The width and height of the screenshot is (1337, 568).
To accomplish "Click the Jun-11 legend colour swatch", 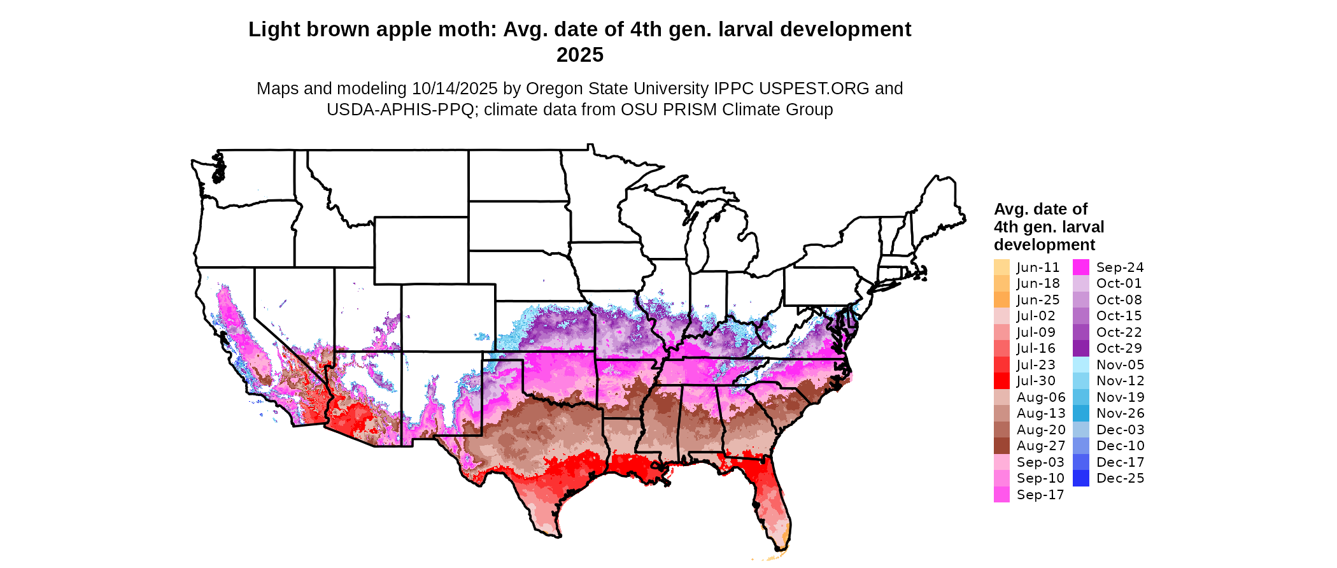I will click(x=1001, y=267).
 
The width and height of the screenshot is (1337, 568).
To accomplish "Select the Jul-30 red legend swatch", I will click(x=1001, y=381).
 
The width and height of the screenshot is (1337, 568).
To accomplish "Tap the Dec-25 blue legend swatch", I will click(x=1080, y=478).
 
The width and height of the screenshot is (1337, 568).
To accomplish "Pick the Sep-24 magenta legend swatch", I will click(x=1080, y=267).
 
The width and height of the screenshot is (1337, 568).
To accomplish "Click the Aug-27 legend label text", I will click(x=1041, y=446).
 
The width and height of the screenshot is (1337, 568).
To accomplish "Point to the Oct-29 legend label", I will click(x=1120, y=348).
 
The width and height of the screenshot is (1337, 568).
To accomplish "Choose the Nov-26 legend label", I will click(x=1120, y=413).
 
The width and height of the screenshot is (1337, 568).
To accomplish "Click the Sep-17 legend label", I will click(x=1040, y=495).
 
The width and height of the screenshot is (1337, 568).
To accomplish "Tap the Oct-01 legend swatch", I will click(x=1080, y=283).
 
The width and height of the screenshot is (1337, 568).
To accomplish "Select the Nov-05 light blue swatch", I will click(x=1080, y=365).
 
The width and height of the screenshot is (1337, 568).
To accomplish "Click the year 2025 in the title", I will click(x=579, y=55).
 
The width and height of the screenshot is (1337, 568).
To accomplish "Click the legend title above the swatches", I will click(x=1048, y=227).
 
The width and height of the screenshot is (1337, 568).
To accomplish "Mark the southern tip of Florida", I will click(x=781, y=548).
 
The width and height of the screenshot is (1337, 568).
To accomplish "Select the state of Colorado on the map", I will click(x=448, y=318).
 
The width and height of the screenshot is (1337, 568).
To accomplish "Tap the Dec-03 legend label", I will click(x=1120, y=430).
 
